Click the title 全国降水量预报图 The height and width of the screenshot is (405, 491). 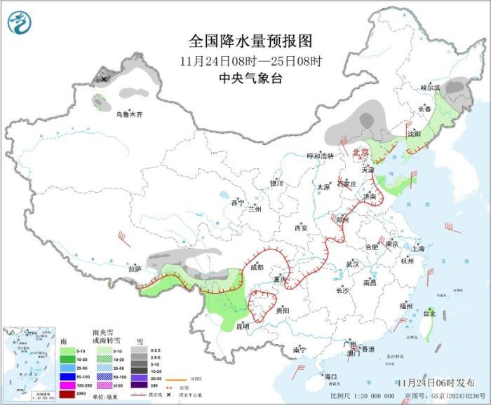250,42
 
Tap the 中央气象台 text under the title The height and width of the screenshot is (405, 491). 250,78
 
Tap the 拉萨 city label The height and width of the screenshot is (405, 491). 135,268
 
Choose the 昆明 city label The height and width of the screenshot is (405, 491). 241,326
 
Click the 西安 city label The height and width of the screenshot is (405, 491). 301,228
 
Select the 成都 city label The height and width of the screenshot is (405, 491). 257,267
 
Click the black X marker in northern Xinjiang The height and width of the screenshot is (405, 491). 105,79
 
